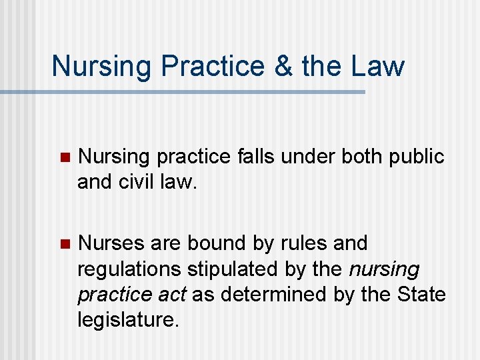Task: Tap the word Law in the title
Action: point(377,66)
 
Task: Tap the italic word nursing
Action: point(385,269)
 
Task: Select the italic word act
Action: point(175,295)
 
